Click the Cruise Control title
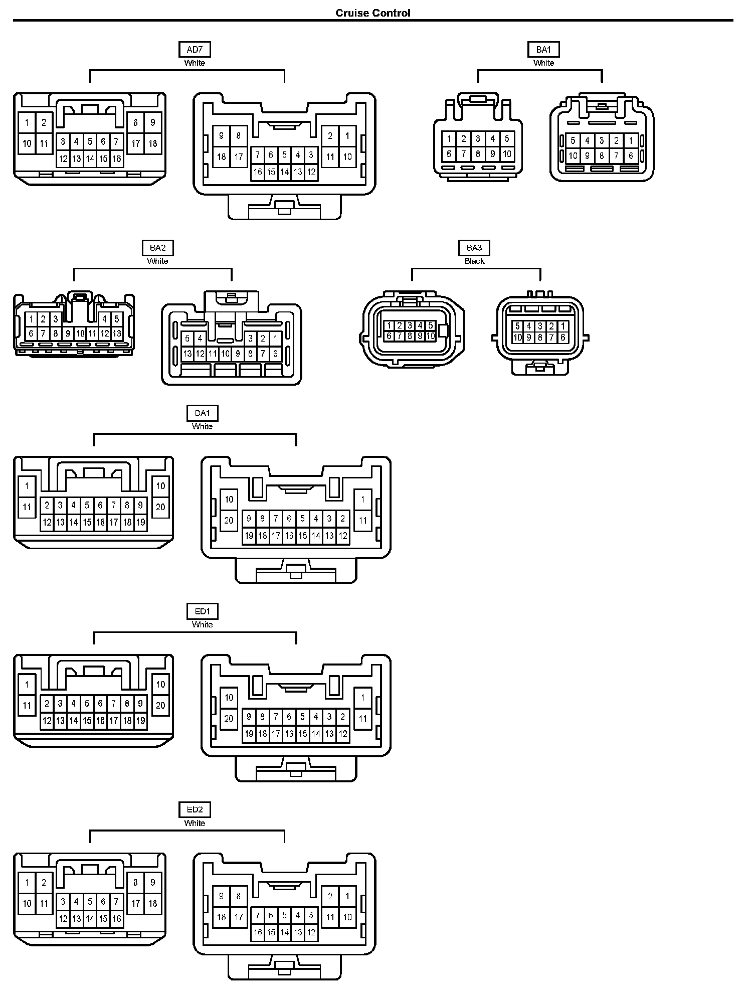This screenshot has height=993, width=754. coord(372,13)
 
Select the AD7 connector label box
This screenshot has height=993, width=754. coord(195,50)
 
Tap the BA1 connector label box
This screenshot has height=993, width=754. coord(543,50)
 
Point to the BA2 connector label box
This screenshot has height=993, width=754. coord(157,248)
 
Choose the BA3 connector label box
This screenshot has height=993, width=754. coord(474,248)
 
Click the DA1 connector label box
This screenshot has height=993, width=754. coord(202,413)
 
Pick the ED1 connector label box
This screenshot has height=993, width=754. coord(202,611)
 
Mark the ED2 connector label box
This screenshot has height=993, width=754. coord(195,809)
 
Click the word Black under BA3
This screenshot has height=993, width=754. coord(474,261)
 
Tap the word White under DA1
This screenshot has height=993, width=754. coord(202,426)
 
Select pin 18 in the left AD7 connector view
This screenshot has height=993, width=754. coord(153,144)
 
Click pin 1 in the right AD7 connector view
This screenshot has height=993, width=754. coord(347,136)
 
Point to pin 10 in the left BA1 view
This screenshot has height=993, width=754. coord(507,154)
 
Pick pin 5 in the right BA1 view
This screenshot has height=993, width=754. coord(573,141)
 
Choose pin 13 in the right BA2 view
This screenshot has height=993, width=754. coord(187,354)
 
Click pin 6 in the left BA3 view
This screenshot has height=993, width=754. coord(389,336)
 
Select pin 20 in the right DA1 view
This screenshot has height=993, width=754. coord(229,520)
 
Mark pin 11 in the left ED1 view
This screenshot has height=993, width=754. coord(27,706)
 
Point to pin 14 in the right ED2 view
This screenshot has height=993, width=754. coord(284,932)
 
